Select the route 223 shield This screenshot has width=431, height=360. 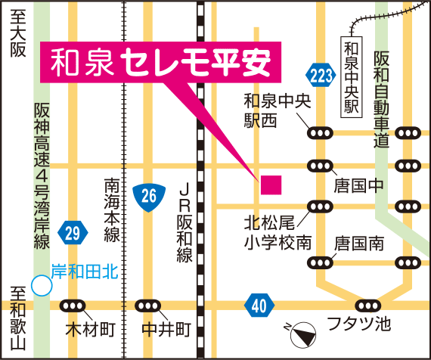[320, 73]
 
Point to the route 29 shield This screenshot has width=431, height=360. [72, 233]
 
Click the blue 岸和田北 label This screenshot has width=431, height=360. [84, 268]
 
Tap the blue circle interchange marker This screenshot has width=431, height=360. [41, 285]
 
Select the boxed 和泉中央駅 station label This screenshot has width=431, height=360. [350, 76]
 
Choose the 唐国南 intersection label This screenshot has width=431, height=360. [358, 244]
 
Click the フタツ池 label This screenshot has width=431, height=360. [358, 326]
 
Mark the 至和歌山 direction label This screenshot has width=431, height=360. [17, 318]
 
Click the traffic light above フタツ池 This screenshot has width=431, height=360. [368, 305]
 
